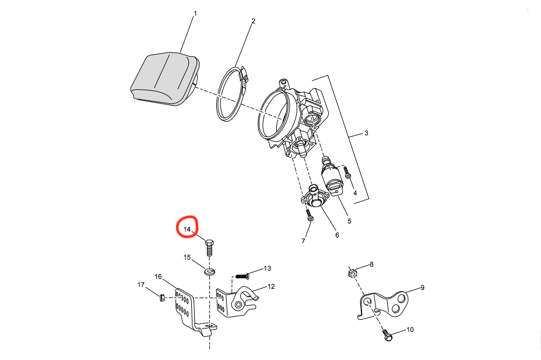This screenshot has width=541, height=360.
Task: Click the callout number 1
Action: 195,13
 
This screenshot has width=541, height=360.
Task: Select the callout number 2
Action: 253,21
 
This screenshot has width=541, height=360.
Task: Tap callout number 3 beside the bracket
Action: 366,133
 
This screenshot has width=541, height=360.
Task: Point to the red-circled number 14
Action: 187,229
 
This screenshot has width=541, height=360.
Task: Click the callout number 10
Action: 410,330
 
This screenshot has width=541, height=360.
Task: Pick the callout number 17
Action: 140,285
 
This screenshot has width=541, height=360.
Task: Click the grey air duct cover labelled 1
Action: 163,79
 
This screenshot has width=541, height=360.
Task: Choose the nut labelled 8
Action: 352,272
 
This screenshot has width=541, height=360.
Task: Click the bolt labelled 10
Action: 388,335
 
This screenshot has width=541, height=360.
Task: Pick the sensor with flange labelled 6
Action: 315,197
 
